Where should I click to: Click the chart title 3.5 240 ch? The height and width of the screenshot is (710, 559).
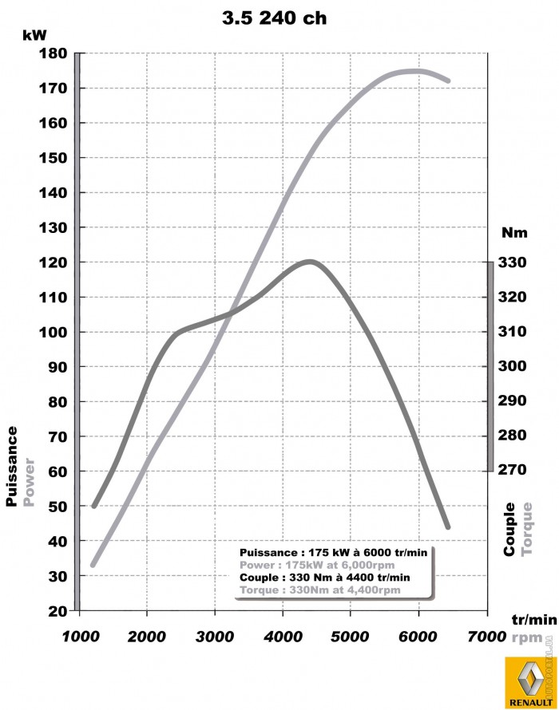click(274, 18)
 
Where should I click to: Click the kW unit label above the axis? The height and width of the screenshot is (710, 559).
click(34, 34)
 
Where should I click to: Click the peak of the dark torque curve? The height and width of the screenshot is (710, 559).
click(310, 261)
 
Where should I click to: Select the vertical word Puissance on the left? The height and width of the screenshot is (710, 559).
click(12, 467)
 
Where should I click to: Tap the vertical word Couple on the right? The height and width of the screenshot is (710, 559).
click(510, 529)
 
